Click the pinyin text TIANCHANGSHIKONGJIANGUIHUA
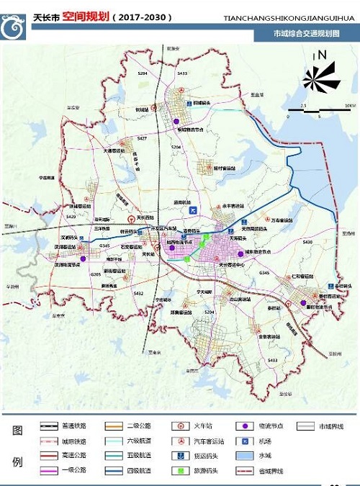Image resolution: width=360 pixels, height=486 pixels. tap(291, 15)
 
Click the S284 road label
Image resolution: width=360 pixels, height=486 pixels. tap(143, 73)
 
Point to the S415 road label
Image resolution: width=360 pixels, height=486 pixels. tap(182, 73)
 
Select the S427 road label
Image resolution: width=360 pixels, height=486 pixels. tap(142, 138)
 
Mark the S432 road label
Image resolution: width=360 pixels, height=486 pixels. tap(139, 294)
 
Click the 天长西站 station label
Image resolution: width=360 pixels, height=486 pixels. tap(146, 217)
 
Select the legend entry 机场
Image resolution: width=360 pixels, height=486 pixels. tap(265, 441)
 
